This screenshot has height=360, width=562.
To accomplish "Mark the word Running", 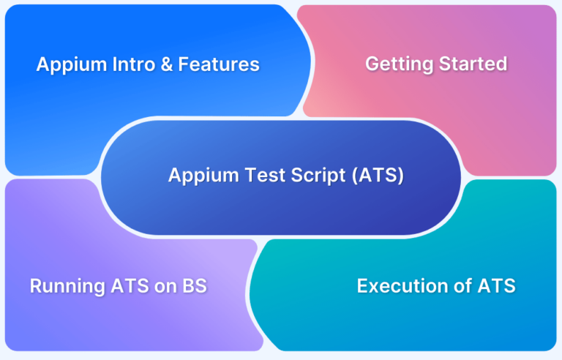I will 65,286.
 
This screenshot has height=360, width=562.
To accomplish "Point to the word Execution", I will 400,286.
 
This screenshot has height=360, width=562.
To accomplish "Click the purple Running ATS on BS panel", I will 88,322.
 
